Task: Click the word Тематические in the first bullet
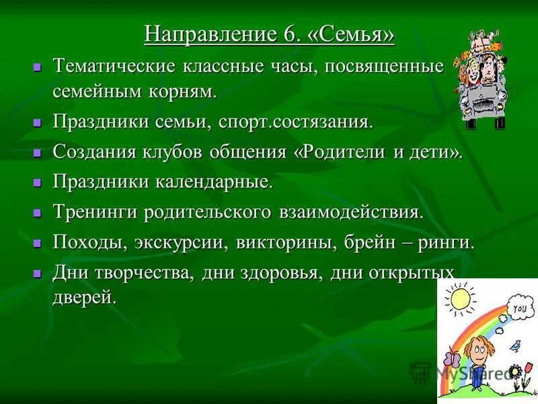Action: click(113, 67)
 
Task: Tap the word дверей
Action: click(84, 298)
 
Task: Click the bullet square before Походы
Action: click(38, 243)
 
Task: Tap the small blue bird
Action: click(515, 346)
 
